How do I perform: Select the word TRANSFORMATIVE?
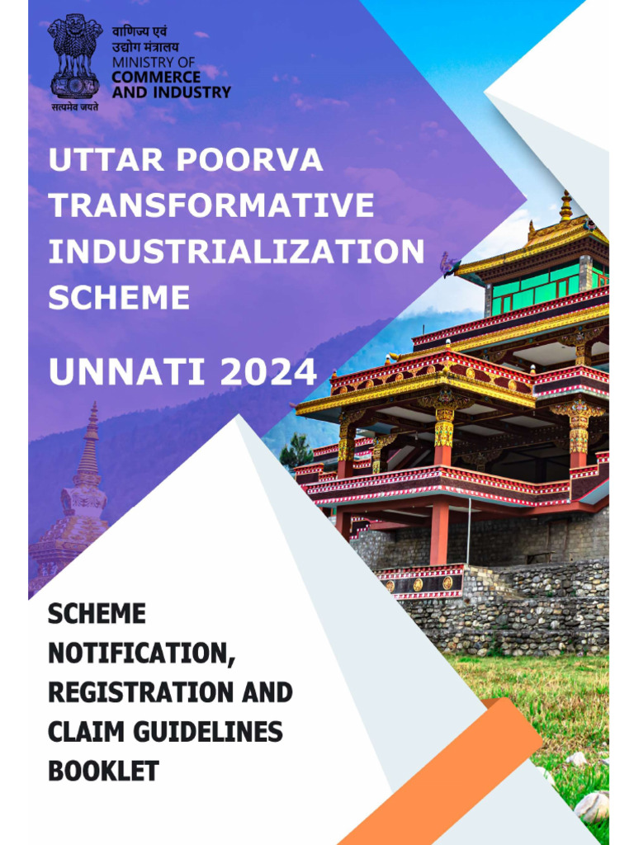click(211, 205)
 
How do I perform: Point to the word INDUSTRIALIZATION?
click(236, 252)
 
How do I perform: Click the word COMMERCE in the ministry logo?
click(156, 78)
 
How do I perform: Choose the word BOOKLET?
click(103, 772)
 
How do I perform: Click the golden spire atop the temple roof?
click(565, 206)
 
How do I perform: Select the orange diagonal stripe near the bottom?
click(462, 776)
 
